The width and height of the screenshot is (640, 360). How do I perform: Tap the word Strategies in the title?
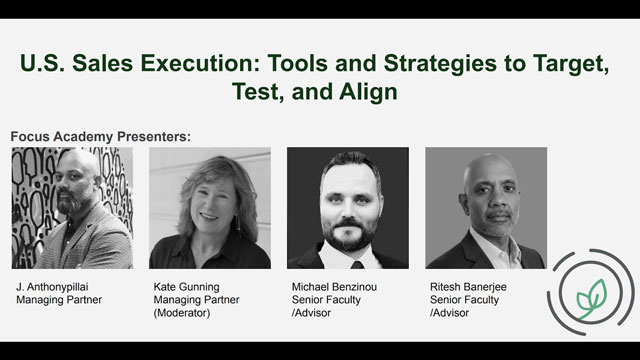pyautogui.click(x=440, y=64)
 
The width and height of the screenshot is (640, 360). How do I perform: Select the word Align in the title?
pyautogui.click(x=368, y=91)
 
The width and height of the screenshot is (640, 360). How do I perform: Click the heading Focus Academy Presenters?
pyautogui.click(x=100, y=136)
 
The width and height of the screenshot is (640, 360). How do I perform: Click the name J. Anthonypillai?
pyautogui.click(x=52, y=287)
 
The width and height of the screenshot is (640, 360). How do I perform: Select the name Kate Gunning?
pyautogui.click(x=187, y=287)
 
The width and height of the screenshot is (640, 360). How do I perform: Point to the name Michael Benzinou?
pyautogui.click(x=334, y=287)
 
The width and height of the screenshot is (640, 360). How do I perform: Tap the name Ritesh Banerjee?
pyautogui.click(x=468, y=287)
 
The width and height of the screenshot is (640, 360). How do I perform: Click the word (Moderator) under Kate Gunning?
pyautogui.click(x=182, y=313)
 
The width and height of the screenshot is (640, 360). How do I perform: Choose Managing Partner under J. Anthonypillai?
pyautogui.click(x=59, y=300)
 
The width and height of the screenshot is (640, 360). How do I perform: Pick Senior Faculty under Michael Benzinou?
pyautogui.click(x=326, y=300)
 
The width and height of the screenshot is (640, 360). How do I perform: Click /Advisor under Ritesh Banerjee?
pyautogui.click(x=449, y=313)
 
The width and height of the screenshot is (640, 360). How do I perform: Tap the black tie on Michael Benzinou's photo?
pyautogui.click(x=357, y=265)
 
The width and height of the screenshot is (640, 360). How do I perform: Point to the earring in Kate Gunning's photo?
pyautogui.click(x=237, y=223)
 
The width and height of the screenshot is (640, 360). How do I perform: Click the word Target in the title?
pyautogui.click(x=571, y=64)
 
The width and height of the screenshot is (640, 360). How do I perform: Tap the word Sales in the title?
pyautogui.click(x=102, y=64)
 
